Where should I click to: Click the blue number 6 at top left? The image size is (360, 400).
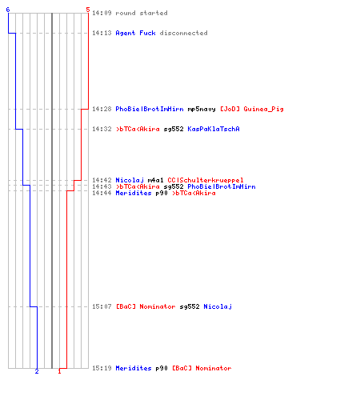click(x=8, y=10)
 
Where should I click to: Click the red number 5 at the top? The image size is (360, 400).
click(x=88, y=10)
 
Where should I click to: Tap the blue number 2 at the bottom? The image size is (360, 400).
click(x=37, y=371)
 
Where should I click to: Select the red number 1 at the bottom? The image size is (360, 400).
click(x=59, y=371)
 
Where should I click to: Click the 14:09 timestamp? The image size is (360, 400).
click(x=102, y=13)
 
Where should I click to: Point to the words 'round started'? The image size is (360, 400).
click(x=142, y=13)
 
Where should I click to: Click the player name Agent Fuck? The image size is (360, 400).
click(x=135, y=33)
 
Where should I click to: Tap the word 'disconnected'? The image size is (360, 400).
click(x=183, y=33)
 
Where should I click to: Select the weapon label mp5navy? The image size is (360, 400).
click(x=202, y=109)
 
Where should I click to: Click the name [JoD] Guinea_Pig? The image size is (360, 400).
click(x=252, y=109)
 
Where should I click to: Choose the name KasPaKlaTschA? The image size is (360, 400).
click(x=214, y=129)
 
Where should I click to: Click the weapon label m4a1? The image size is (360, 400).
click(x=155, y=180)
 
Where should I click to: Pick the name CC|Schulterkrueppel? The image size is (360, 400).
click(x=206, y=180)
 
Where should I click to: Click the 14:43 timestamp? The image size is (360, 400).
click(x=102, y=186)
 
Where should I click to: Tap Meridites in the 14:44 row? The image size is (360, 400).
click(x=134, y=193)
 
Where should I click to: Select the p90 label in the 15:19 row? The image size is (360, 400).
click(x=162, y=368)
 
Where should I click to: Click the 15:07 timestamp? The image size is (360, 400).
click(x=102, y=306)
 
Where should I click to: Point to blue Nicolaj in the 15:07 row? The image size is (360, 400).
click(x=218, y=306)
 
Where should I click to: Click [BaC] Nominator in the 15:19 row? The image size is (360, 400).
click(x=202, y=368)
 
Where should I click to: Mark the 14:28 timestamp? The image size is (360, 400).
click(x=102, y=109)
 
